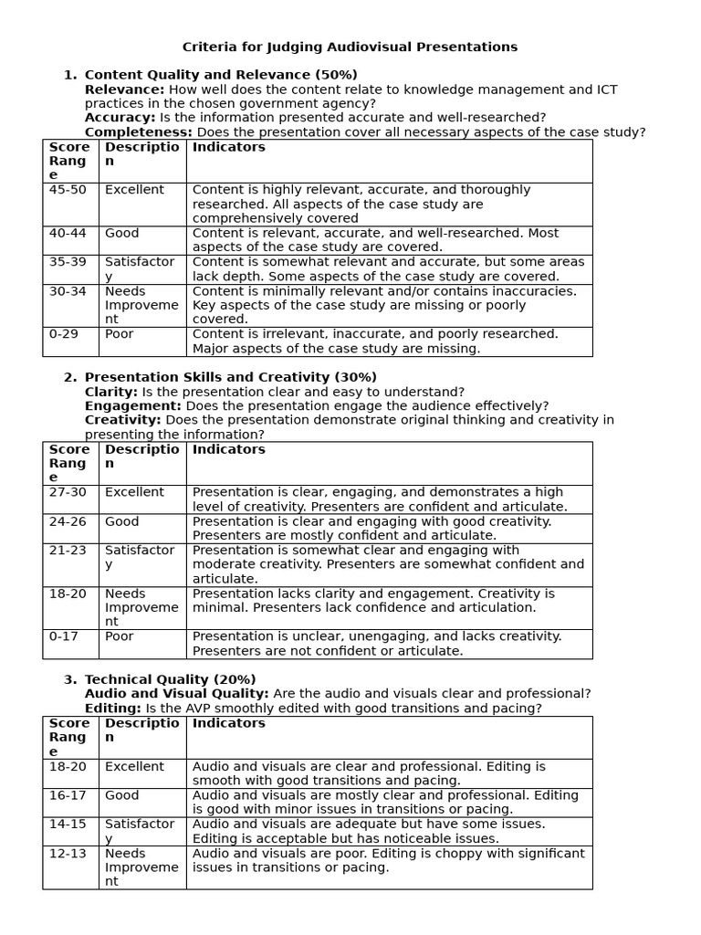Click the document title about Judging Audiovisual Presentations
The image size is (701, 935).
point(350,47)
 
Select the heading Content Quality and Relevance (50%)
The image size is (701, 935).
point(221,75)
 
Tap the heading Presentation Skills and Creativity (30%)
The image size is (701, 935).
point(230,377)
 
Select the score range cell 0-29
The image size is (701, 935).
point(64,334)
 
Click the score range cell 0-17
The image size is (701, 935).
point(64,636)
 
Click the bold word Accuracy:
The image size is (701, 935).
point(120,118)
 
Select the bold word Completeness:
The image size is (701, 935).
point(138,132)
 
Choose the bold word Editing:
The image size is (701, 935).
point(112,709)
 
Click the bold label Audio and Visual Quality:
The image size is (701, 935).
point(176,694)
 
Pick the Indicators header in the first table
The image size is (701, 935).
point(229,147)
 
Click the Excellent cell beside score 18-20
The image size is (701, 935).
point(134,767)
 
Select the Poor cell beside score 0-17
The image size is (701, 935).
point(119,636)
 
